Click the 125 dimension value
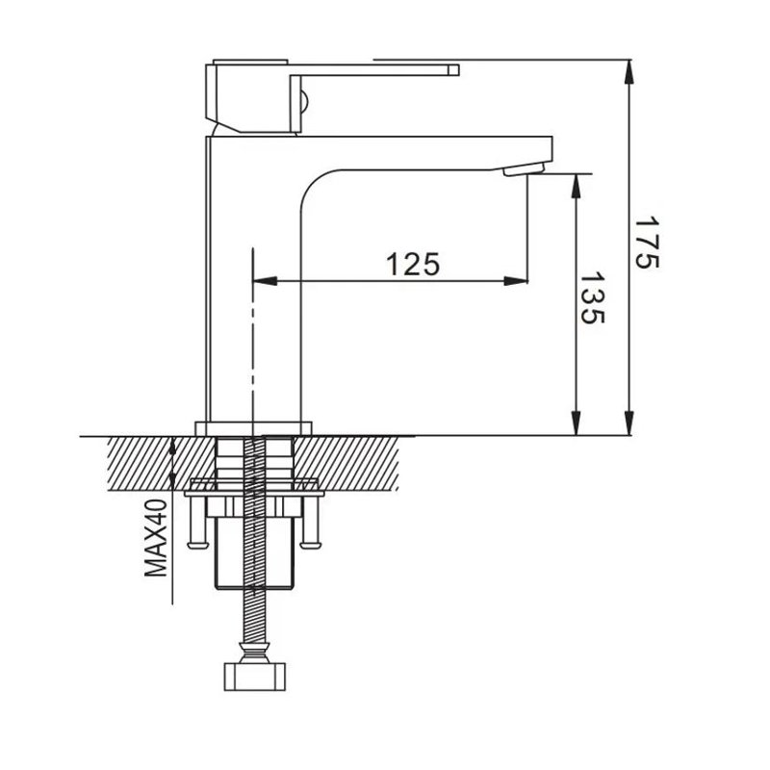413,263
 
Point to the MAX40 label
157,538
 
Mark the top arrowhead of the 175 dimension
629,73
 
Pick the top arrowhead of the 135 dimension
576,184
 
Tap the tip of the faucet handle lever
452,69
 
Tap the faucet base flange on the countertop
255,427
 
